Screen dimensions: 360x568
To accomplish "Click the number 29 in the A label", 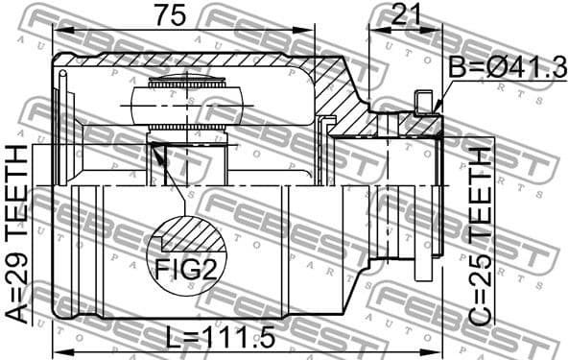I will click(x=17, y=278).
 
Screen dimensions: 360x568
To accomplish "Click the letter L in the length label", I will click(x=170, y=337).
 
